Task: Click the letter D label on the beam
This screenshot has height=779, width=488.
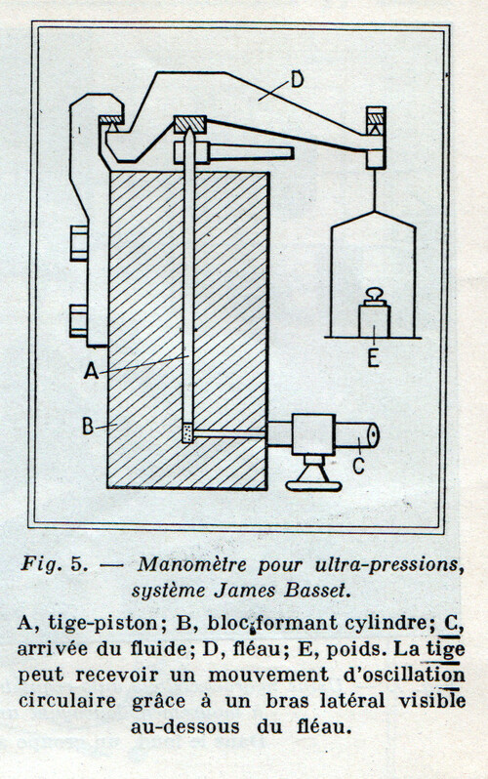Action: (x=297, y=79)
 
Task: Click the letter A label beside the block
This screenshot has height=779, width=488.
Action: (x=91, y=370)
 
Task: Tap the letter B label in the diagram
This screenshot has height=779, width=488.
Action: (x=88, y=427)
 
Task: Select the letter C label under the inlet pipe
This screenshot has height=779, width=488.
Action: (x=358, y=466)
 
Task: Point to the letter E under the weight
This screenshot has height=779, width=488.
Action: (x=373, y=358)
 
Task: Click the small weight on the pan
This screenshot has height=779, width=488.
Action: (x=375, y=314)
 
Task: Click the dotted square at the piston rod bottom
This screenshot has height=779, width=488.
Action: (x=187, y=432)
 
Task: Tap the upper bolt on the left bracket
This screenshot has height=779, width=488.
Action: (x=78, y=243)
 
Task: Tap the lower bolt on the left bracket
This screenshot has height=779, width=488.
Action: (x=78, y=321)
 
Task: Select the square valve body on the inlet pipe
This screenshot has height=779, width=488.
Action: (x=312, y=434)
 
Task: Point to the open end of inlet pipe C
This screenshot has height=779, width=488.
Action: (x=373, y=435)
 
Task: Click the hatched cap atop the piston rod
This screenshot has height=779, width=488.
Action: (x=190, y=124)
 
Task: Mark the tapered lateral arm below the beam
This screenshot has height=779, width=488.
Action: (x=233, y=152)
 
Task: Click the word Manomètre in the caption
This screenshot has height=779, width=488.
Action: (x=192, y=564)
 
